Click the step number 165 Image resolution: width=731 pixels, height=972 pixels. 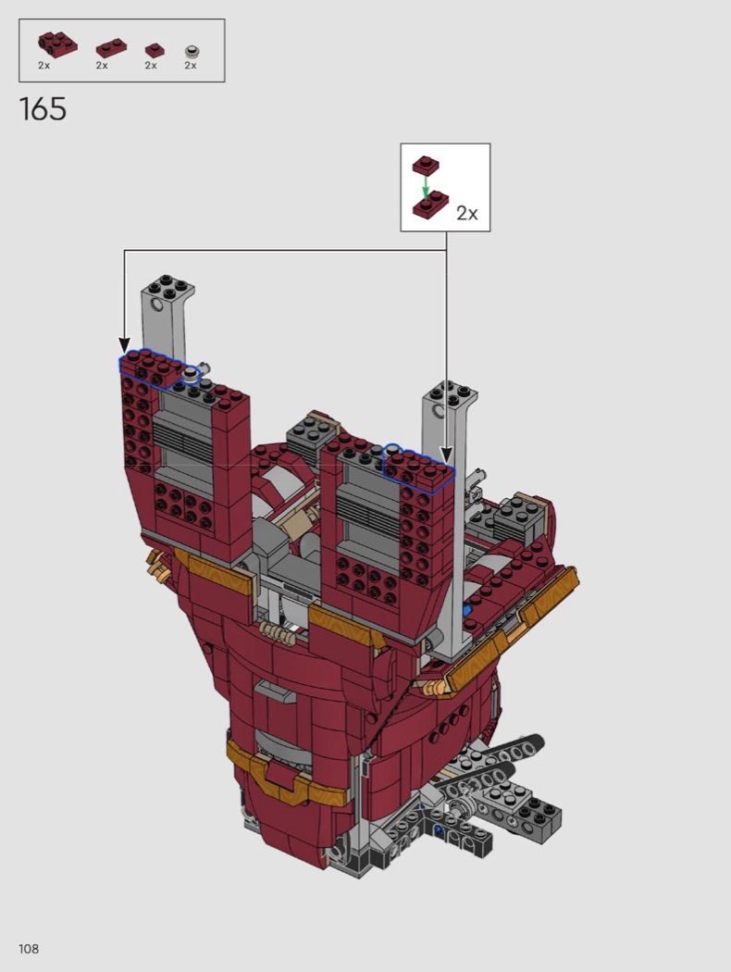point(43,109)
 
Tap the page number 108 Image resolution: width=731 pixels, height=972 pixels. point(29,949)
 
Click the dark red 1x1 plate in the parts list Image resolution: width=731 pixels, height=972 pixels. point(155,50)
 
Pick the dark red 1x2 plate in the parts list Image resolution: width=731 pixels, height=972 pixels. point(112,48)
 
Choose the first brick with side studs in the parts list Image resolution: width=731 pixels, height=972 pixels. point(57,44)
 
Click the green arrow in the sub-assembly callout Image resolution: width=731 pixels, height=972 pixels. point(426,185)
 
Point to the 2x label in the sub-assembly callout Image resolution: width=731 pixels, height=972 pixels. point(467,213)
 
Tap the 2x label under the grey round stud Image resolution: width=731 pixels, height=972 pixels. point(191,65)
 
